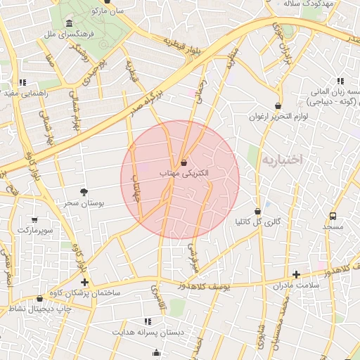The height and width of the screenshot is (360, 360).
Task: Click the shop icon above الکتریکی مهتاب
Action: click(184, 162)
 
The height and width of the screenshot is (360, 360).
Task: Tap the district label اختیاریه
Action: click(281, 160)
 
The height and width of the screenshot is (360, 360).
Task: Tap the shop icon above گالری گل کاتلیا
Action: click(257, 211)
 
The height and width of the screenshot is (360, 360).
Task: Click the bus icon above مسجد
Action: click(333, 216)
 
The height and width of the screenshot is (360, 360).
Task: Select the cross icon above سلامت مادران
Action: click(296, 274)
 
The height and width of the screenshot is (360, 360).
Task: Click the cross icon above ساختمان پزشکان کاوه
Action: click(85, 281)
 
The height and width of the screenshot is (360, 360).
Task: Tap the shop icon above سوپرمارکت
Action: click(36, 219)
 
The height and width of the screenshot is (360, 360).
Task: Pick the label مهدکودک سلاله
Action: click(327, 4)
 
